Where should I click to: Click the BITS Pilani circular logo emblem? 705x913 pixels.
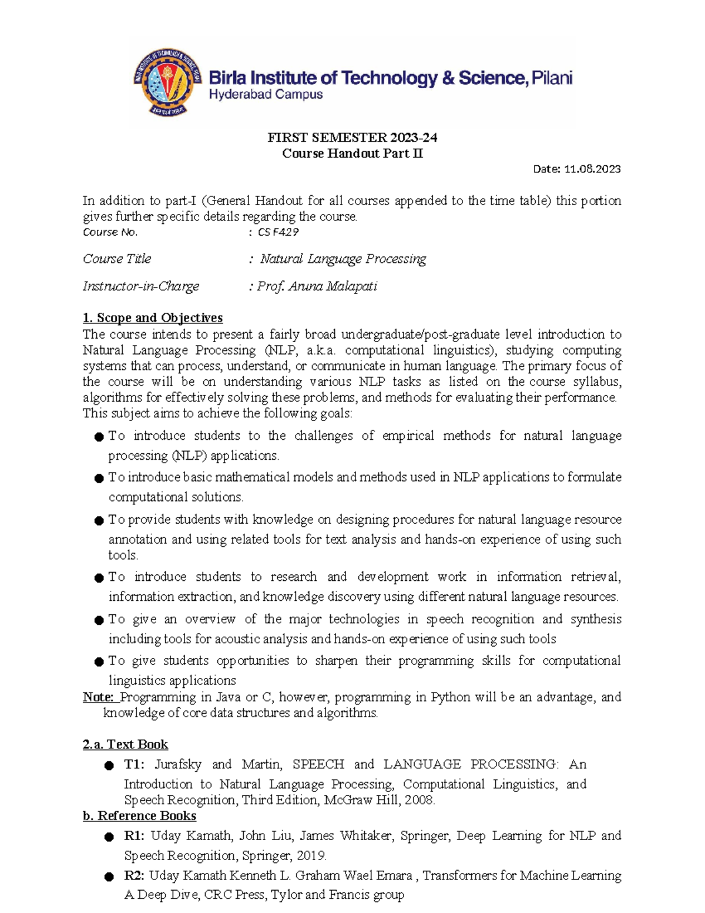click(x=167, y=82)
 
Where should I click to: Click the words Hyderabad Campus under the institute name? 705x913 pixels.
click(x=266, y=95)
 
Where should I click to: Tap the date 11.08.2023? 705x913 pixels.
click(x=592, y=169)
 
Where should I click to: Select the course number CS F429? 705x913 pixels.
click(x=278, y=232)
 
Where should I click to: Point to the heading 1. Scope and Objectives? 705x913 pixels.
click(x=153, y=318)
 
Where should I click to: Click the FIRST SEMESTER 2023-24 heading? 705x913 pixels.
click(x=352, y=138)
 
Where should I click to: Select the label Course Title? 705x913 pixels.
click(x=117, y=259)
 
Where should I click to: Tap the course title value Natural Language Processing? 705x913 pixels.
click(x=343, y=259)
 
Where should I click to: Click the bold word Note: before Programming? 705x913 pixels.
click(x=99, y=697)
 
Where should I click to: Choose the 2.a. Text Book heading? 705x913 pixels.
click(x=125, y=745)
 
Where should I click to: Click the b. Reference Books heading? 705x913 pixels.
click(x=139, y=816)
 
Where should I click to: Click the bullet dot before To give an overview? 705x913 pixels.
click(x=99, y=620)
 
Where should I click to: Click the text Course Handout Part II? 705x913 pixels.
click(x=352, y=153)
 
